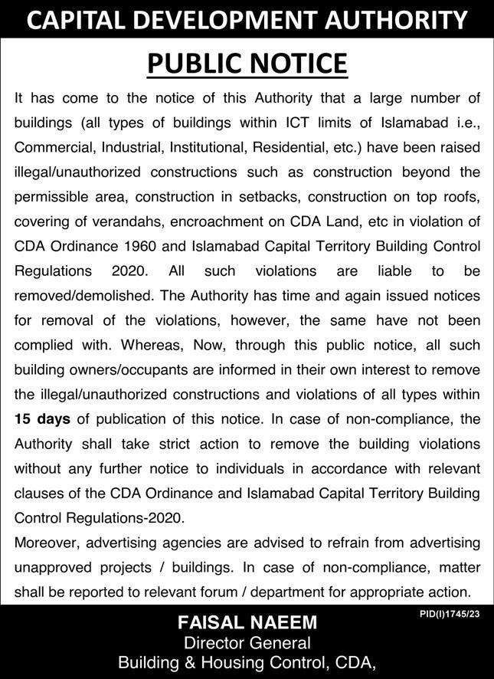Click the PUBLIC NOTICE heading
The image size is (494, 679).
pyautogui.click(x=247, y=64)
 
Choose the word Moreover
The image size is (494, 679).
pyautogui.click(x=47, y=542)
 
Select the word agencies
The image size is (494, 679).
pyautogui.click(x=195, y=542)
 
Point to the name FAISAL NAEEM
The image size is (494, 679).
pyautogui.click(x=247, y=622)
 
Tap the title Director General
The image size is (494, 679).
pyautogui.click(x=247, y=642)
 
